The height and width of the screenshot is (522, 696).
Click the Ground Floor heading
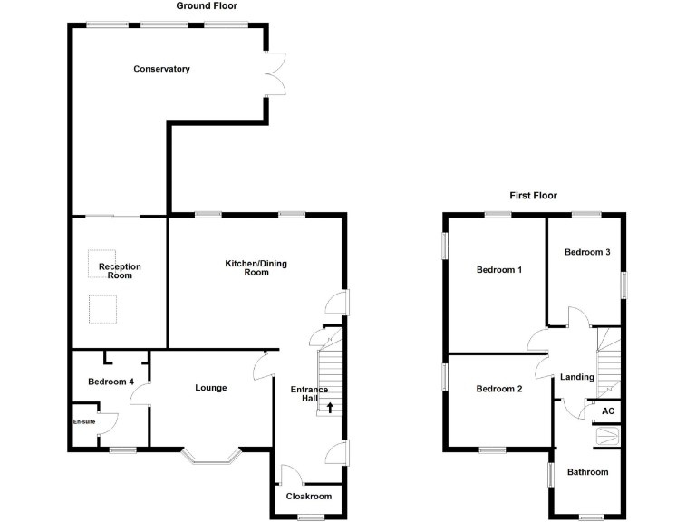tap(207, 5)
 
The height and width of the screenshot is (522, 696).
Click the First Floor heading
tap(532, 195)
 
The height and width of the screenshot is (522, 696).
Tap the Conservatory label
tap(161, 69)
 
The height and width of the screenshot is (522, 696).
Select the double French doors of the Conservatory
tap(275, 72)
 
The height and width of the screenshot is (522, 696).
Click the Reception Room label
tap(121, 271)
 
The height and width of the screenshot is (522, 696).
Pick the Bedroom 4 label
tap(111, 382)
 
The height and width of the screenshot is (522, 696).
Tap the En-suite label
tap(84, 421)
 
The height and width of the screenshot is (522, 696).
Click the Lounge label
tap(211, 388)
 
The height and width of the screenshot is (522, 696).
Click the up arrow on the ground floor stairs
tap(330, 408)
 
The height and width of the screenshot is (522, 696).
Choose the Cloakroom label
tap(309, 497)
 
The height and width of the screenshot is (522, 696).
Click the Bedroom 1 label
tap(499, 270)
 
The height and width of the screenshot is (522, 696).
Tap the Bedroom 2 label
tap(499, 390)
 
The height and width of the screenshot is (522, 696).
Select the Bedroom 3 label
tap(587, 252)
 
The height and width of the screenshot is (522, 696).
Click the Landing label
tap(577, 377)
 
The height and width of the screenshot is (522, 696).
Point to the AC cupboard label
tap(608, 411)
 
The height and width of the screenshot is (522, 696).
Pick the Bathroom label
tap(588, 472)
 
